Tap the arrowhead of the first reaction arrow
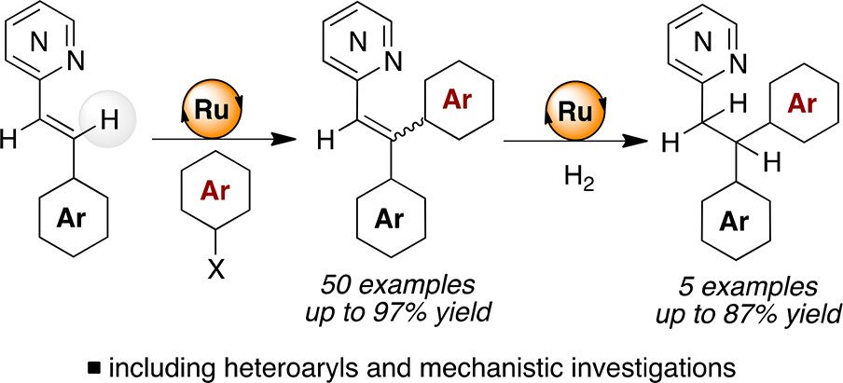point(297,140)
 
